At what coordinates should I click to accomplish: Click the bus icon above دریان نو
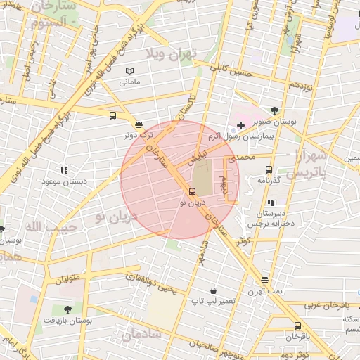click(192, 192)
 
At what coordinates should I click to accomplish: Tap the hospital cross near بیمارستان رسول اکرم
click(241, 124)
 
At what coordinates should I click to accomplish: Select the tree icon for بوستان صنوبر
click(274, 110)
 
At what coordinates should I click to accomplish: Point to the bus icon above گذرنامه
click(269, 169)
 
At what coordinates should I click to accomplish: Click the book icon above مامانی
click(129, 71)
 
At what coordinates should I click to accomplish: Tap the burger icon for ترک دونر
click(138, 124)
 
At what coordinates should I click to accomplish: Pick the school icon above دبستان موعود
click(64, 170)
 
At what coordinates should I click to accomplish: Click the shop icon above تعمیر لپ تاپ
click(213, 290)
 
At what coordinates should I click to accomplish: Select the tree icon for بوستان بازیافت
click(67, 309)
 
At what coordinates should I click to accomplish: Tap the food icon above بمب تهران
click(264, 280)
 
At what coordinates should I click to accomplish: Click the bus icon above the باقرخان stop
click(297, 326)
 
